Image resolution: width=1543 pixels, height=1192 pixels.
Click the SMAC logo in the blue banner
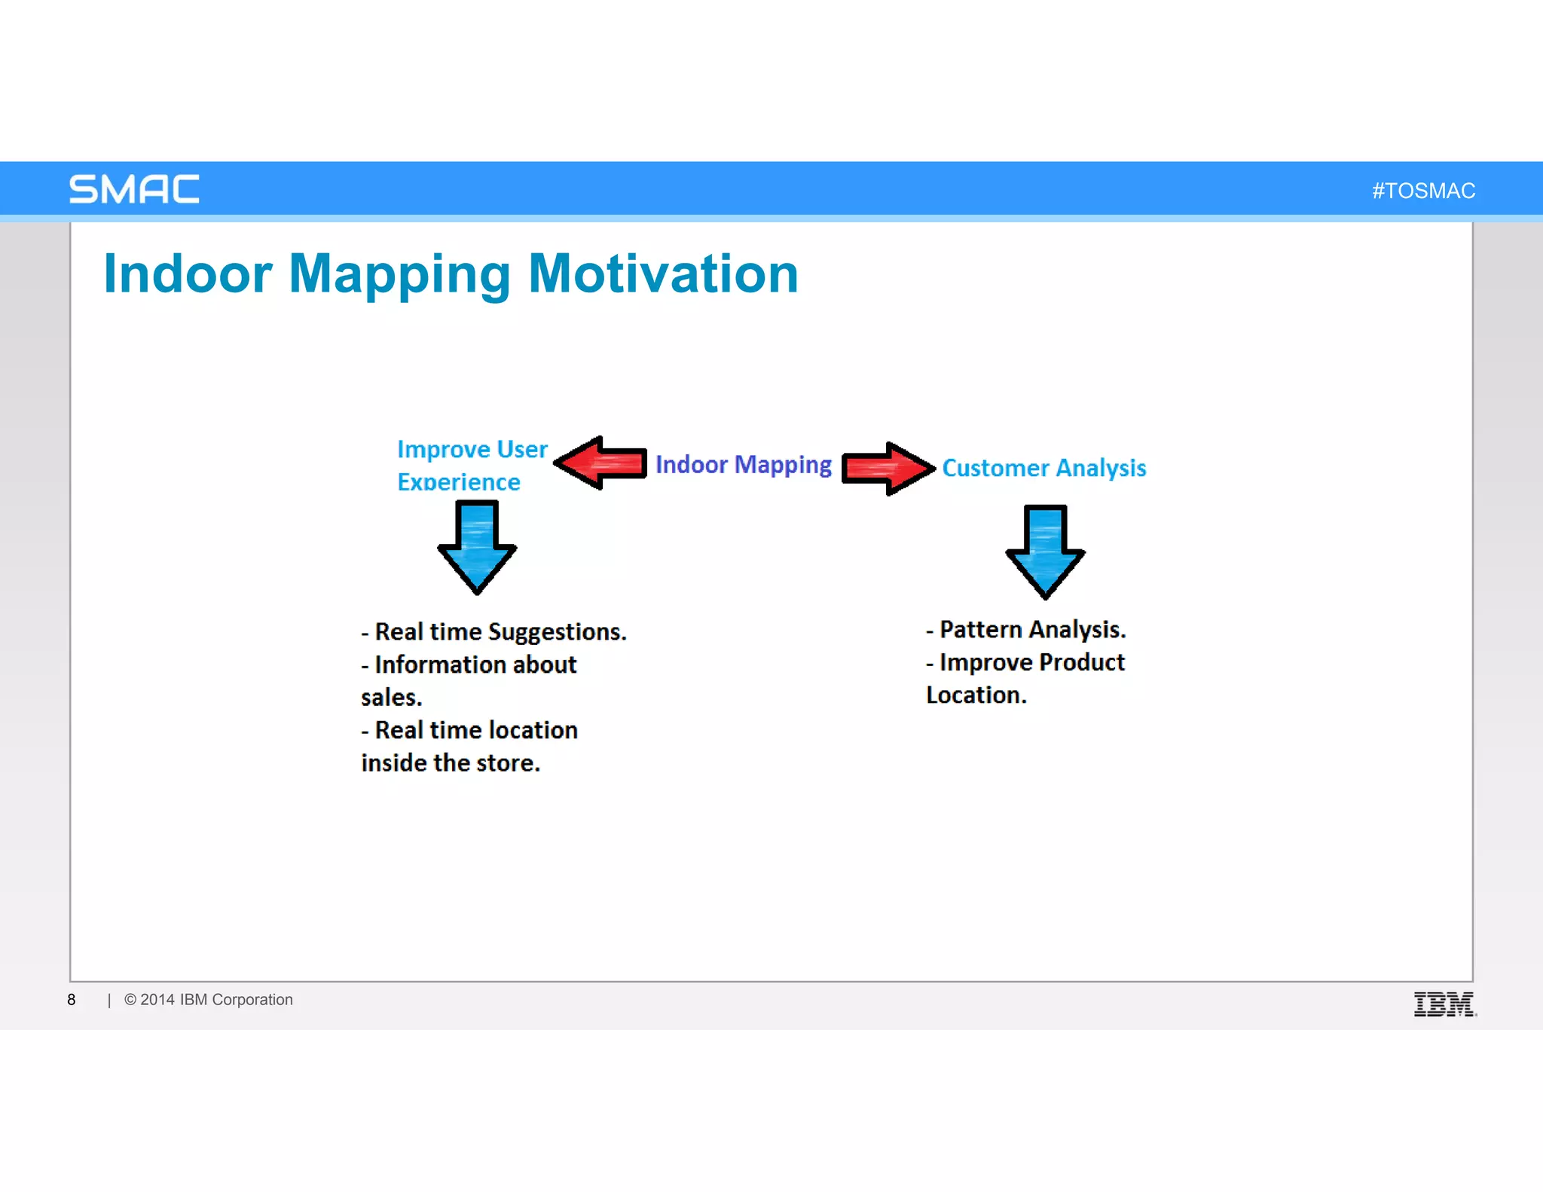point(134,189)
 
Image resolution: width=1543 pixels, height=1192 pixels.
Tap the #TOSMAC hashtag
point(1423,191)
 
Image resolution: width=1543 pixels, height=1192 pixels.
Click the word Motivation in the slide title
point(663,274)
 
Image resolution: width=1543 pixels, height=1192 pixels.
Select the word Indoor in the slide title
point(188,274)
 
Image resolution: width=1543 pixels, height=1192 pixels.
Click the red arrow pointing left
point(601,463)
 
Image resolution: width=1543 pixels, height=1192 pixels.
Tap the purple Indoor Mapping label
point(743,465)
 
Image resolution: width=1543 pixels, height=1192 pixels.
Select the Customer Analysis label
point(1043,468)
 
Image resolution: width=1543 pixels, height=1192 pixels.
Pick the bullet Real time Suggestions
point(500,631)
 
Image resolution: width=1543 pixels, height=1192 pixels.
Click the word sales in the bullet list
point(390,698)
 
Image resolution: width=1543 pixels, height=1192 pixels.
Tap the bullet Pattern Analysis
point(1031,629)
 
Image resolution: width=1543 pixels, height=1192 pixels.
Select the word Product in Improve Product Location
point(1081,662)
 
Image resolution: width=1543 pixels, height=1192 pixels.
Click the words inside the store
point(451,763)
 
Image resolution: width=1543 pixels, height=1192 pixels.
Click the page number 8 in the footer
point(72,1000)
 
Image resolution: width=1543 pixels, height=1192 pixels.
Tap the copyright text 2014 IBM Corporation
point(215,1000)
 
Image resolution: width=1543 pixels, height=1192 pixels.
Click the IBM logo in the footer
point(1444,1004)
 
